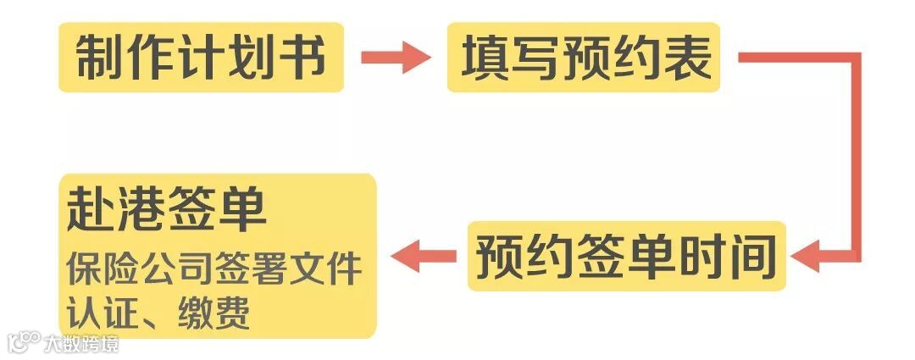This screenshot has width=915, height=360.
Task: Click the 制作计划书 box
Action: [x=201, y=58]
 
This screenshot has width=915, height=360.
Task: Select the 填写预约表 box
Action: [x=585, y=58]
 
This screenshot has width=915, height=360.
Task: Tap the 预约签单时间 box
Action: [x=626, y=256]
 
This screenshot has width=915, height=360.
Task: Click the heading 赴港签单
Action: [x=166, y=212]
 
